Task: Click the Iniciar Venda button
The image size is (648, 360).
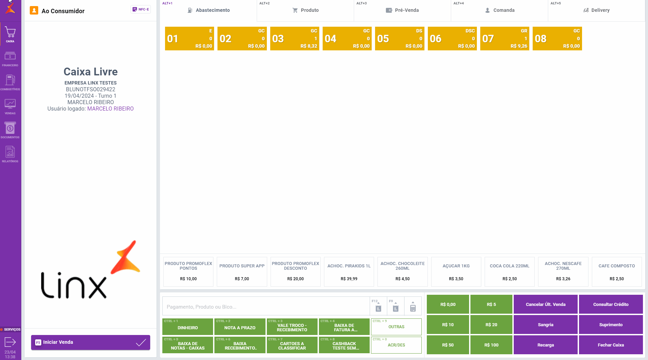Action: click(90, 342)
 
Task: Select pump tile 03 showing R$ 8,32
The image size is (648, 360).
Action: click(294, 39)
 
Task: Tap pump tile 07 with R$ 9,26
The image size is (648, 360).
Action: click(504, 39)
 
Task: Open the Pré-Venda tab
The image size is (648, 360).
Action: click(402, 10)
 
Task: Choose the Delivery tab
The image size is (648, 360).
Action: click(596, 10)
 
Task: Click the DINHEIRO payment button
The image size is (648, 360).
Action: click(188, 327)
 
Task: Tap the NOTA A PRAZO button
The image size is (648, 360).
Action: click(240, 327)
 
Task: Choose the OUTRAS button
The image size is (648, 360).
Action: click(396, 327)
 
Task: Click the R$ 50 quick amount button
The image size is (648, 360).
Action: click(448, 345)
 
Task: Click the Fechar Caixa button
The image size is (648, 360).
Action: click(610, 345)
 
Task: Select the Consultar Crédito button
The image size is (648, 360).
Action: click(610, 304)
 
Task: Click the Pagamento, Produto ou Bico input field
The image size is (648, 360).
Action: click(266, 307)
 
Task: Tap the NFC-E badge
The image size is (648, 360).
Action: click(141, 9)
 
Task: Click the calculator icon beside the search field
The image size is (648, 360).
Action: click(413, 307)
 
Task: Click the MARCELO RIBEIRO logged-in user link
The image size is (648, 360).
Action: click(110, 109)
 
